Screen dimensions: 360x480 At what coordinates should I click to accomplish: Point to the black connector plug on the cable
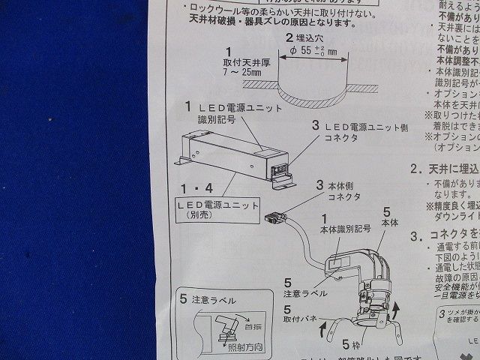275,217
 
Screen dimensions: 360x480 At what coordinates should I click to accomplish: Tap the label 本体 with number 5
390,223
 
